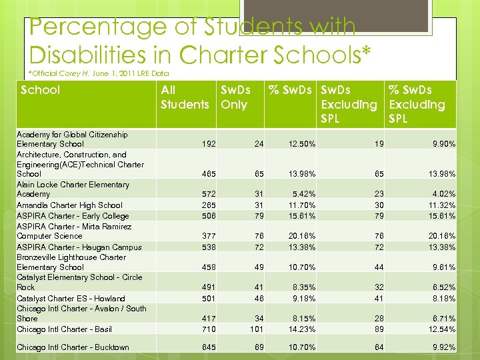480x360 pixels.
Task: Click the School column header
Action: pos(41,90)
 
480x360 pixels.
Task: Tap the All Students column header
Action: pos(185,97)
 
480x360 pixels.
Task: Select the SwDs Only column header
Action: pos(235,97)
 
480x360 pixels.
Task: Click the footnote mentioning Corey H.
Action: pos(99,73)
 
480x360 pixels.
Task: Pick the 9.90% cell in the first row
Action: pos(443,144)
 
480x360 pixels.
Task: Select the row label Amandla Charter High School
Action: pos(69,205)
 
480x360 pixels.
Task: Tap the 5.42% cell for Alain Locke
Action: pos(302,194)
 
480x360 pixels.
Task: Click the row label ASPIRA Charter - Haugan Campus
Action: pos(79,247)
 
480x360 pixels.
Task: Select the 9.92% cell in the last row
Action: pos(443,347)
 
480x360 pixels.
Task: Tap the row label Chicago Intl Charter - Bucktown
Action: pos(73,347)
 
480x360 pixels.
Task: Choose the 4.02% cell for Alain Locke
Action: pos(443,194)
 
